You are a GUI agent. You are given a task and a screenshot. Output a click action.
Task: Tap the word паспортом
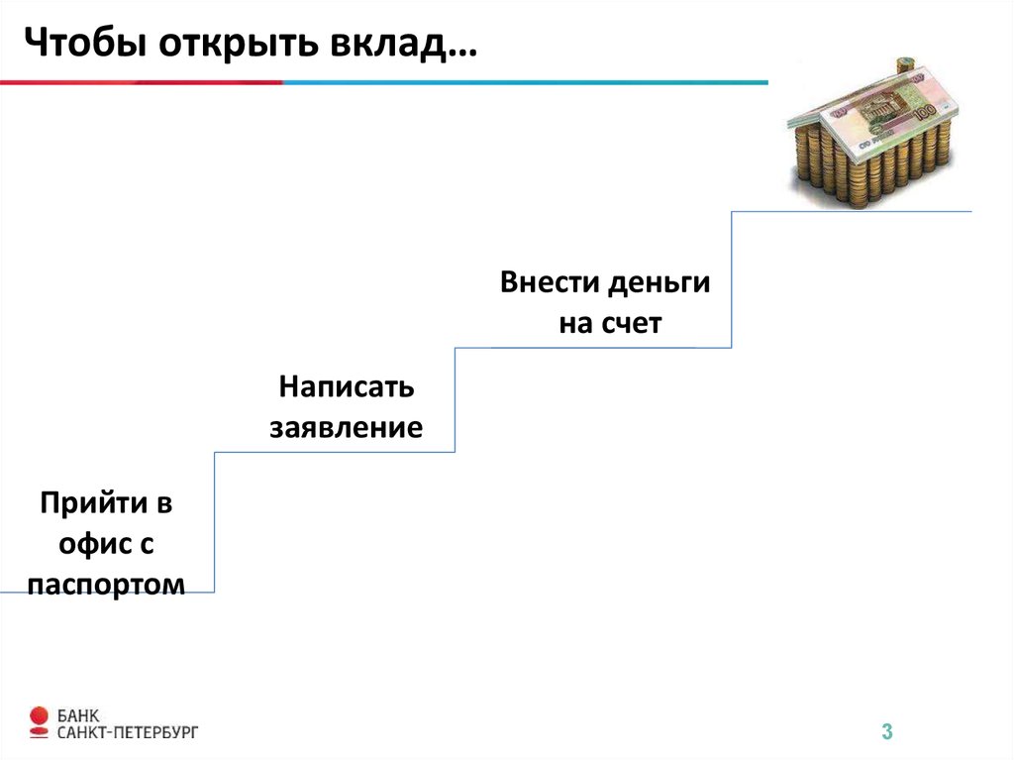107,585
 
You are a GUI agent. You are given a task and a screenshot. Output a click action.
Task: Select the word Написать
346,386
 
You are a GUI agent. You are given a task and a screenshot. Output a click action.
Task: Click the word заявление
347,428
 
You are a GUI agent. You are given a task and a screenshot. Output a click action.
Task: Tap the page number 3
887,733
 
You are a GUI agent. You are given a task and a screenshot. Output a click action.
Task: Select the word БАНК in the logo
78,715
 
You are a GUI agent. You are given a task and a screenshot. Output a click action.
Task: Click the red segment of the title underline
139,82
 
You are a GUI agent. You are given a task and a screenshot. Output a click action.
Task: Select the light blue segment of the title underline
525,82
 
